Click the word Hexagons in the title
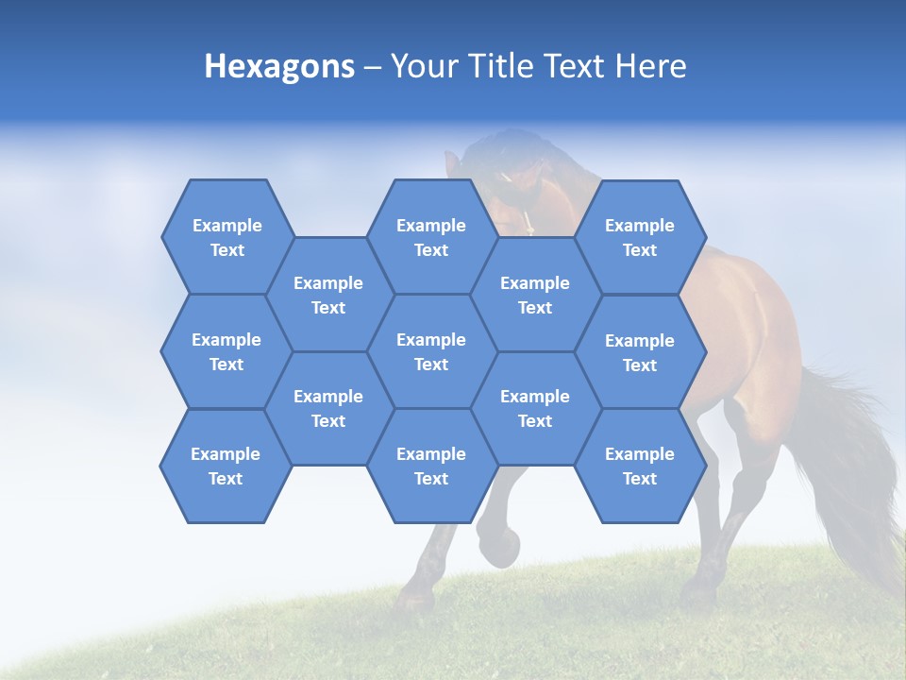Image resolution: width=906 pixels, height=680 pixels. (x=279, y=66)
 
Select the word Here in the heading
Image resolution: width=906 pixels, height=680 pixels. (x=650, y=66)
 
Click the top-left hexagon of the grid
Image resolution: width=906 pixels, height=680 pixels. (x=226, y=237)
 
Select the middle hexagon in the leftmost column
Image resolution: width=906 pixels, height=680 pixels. (x=226, y=351)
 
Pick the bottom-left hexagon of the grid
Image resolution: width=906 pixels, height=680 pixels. (x=226, y=466)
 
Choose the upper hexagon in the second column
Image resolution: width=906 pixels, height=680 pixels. (x=328, y=295)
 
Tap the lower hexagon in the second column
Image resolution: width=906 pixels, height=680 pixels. (x=328, y=408)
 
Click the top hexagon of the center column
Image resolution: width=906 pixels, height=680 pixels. (x=431, y=237)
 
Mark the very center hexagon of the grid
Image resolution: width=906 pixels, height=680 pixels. (x=431, y=351)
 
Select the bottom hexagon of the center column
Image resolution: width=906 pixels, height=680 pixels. (x=431, y=466)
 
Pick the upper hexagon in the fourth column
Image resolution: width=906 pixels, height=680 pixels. (x=535, y=295)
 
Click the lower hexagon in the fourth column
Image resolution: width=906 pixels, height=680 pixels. (x=535, y=408)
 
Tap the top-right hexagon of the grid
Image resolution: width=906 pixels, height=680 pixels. (x=640, y=237)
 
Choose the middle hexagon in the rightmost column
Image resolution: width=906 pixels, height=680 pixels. (x=640, y=352)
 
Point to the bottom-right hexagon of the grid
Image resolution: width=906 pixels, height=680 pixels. (x=640, y=466)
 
